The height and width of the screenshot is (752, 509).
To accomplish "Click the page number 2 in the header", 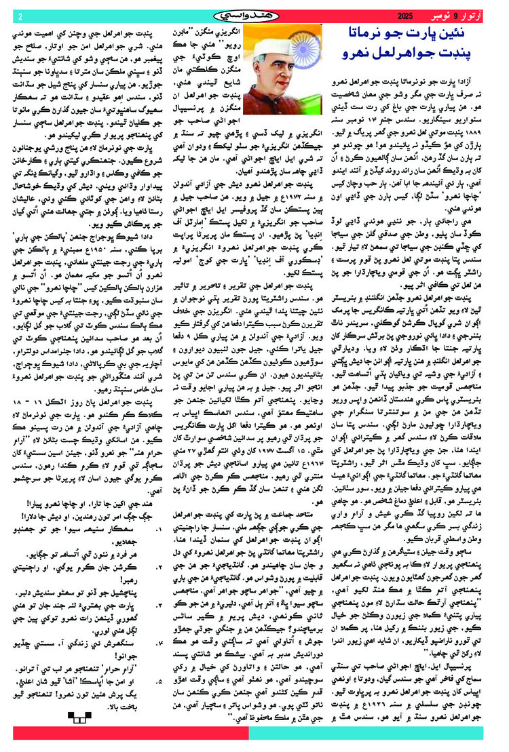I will point(20,16).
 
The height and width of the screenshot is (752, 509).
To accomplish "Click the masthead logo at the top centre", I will point(252,15).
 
